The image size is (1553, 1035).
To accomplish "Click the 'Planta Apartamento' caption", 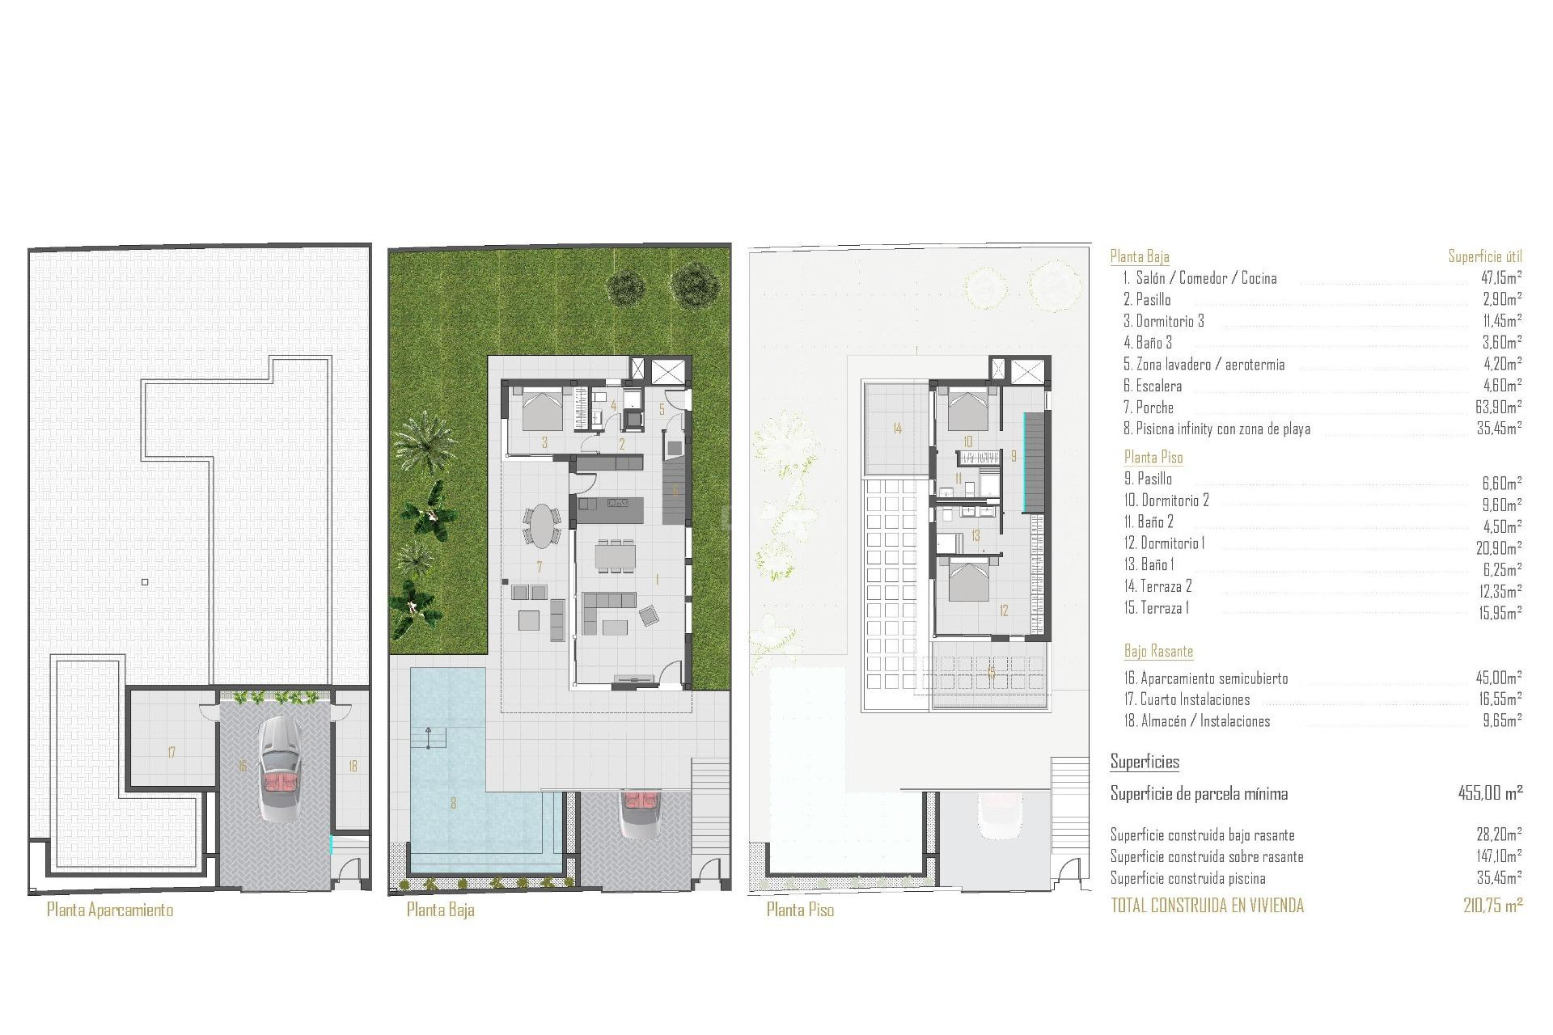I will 110,910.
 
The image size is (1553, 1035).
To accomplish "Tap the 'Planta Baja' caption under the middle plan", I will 440,910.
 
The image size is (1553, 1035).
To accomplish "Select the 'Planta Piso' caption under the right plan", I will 800,910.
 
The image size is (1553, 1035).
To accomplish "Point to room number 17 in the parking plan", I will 171,753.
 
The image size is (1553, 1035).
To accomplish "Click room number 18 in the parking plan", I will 353,766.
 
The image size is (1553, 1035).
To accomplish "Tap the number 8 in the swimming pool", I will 453,803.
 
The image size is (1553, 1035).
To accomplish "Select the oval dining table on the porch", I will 541,526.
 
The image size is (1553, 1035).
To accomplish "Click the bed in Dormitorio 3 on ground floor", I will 541,408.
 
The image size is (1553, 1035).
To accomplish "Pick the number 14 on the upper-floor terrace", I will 897,429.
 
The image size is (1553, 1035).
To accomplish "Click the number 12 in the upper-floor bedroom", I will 1004,610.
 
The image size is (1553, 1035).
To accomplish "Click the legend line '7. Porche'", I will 1148,408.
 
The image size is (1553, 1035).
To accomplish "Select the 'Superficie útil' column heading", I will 1484,256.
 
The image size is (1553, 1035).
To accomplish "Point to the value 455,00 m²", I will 1490,793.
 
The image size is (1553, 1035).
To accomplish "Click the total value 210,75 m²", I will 1492,906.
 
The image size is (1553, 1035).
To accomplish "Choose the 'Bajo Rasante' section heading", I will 1158,651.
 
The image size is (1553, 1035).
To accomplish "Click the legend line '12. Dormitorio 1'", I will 1164,543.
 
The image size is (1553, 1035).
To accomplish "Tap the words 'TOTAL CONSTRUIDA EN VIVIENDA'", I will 1207,906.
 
